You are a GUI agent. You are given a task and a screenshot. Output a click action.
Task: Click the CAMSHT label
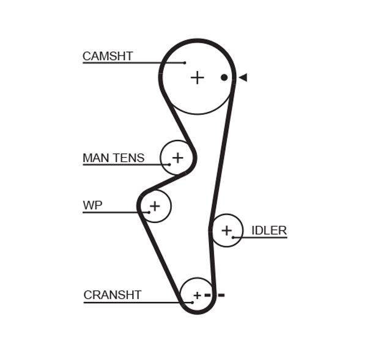tap(108, 57)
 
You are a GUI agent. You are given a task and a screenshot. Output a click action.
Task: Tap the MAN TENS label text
tap(113, 158)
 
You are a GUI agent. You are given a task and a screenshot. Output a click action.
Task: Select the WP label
tap(92, 206)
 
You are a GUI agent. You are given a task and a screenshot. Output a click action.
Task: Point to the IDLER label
tap(269, 230)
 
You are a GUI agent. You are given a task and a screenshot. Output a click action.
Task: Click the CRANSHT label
tap(113, 295)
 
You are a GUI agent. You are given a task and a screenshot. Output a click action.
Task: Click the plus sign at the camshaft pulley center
tap(197, 78)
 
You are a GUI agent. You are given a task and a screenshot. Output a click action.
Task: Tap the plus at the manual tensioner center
tap(177, 158)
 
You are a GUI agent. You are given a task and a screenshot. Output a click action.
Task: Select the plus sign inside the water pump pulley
tap(155, 206)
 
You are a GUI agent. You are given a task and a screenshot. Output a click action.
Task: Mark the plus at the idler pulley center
tap(226, 230)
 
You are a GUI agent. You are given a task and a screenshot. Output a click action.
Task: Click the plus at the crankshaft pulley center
tap(197, 295)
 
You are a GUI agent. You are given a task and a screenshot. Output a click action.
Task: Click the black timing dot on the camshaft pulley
tap(224, 78)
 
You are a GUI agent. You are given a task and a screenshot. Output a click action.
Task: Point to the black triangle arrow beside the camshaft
tap(243, 78)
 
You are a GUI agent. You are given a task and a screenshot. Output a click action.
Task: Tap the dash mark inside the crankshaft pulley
tap(207, 295)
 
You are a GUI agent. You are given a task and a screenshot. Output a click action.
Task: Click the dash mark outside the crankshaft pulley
tap(221, 295)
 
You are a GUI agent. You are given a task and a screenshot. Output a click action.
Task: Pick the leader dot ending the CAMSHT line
tap(185, 63)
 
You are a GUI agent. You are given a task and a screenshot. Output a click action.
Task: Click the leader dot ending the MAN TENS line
tap(169, 164)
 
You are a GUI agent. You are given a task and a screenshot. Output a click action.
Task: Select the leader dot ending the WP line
tap(149, 212)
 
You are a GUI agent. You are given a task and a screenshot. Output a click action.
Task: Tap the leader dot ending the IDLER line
tap(233, 237)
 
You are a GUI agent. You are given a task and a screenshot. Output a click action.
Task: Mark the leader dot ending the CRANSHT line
tap(192, 302)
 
